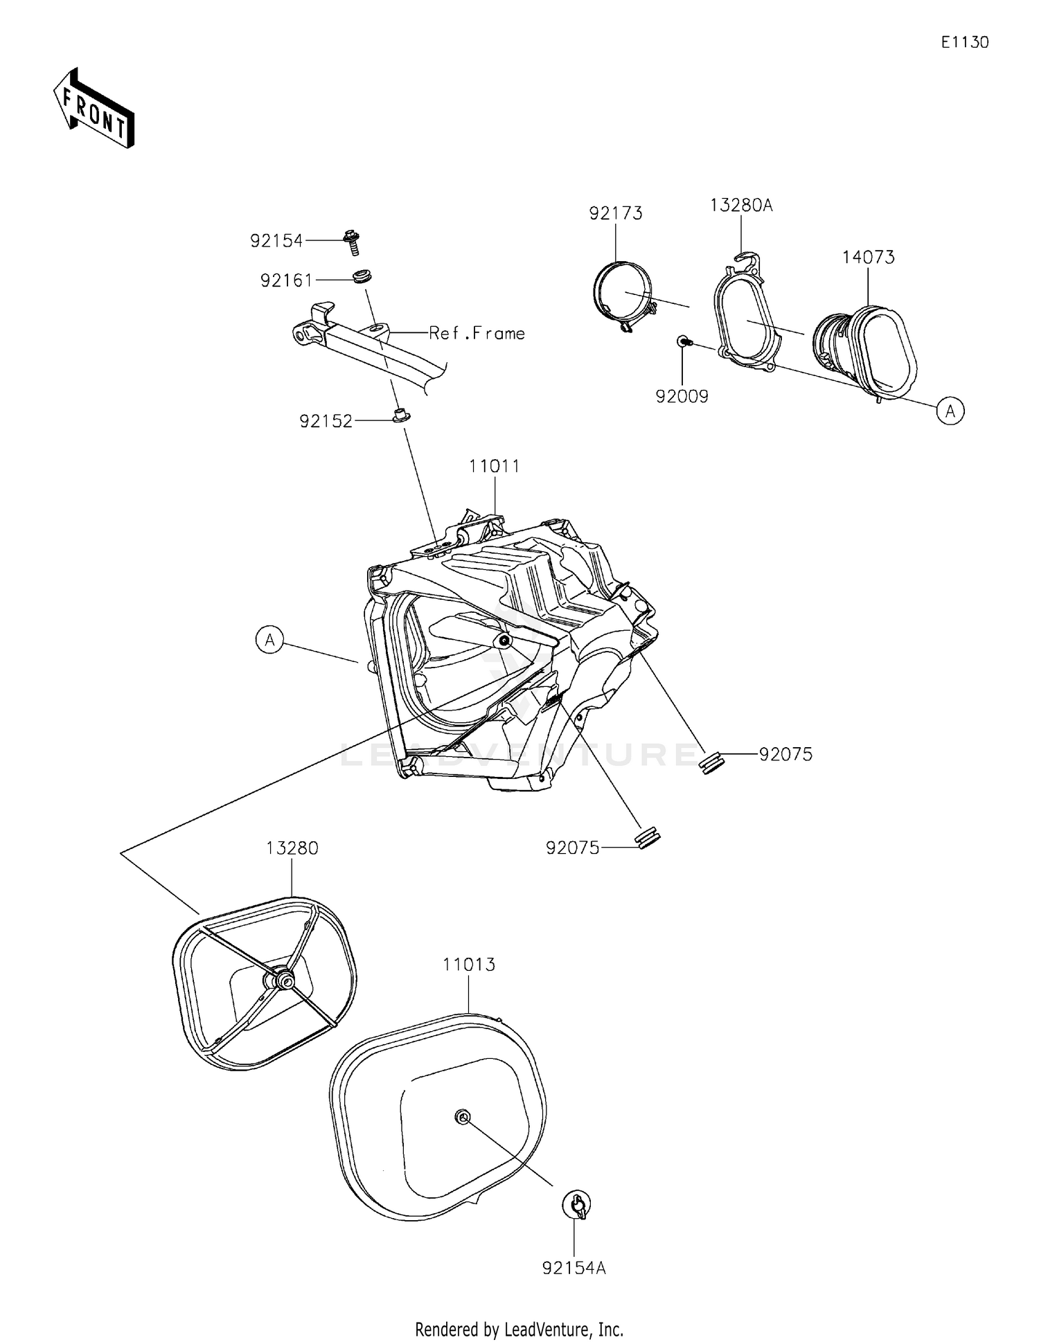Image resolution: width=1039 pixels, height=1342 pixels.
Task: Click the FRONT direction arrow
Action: [94, 109]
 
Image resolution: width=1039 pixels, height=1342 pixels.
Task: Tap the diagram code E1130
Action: [964, 42]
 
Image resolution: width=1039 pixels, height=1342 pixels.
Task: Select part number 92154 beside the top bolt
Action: [276, 241]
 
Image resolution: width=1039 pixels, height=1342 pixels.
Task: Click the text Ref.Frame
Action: [477, 334]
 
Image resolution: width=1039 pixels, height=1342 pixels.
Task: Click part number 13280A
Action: [740, 205]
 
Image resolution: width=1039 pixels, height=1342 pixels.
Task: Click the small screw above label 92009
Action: [683, 341]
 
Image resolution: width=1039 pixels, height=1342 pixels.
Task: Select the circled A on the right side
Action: [950, 411]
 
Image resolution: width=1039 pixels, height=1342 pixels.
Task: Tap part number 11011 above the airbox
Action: [494, 466]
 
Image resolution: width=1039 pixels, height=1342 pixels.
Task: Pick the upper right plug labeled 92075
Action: [713, 762]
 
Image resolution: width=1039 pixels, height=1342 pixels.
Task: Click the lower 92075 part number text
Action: [572, 848]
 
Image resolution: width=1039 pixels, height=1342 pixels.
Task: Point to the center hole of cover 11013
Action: [462, 1117]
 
